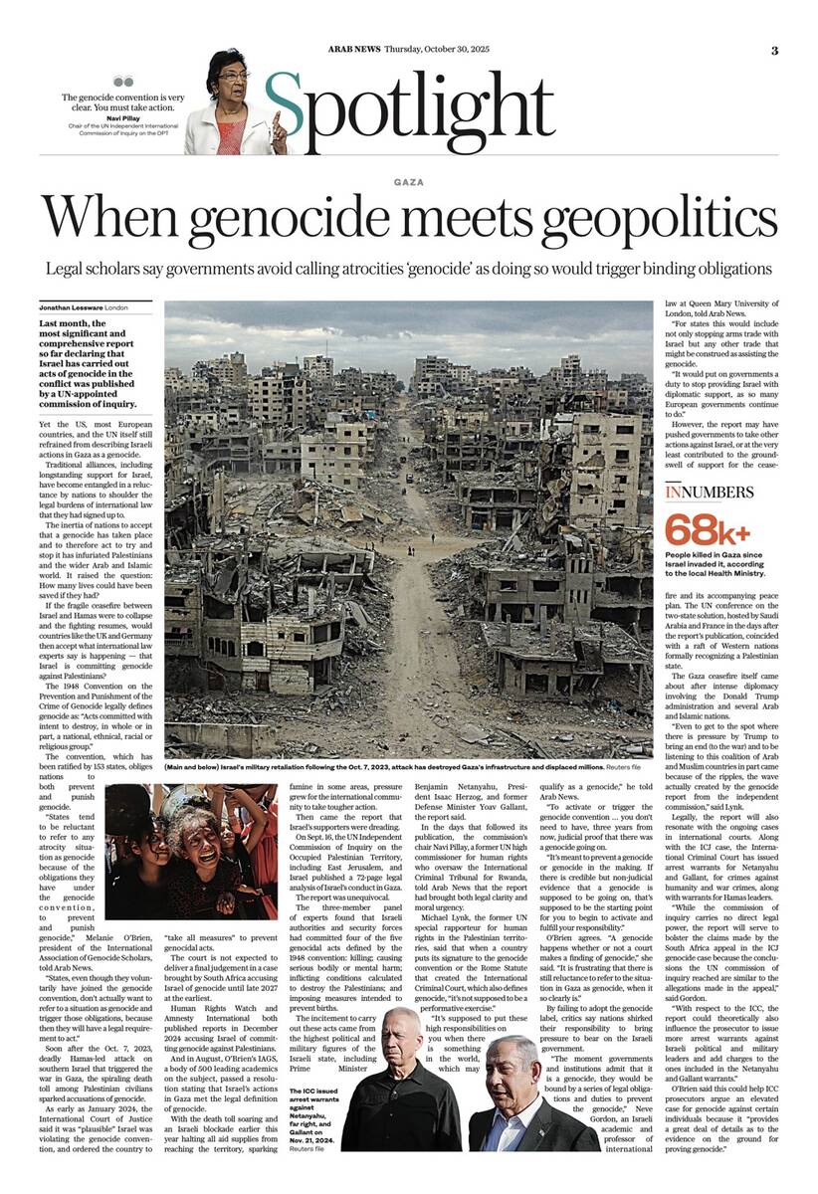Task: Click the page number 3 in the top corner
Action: coord(773,50)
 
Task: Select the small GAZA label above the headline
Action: coord(408,182)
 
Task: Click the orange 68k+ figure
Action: coord(708,528)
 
